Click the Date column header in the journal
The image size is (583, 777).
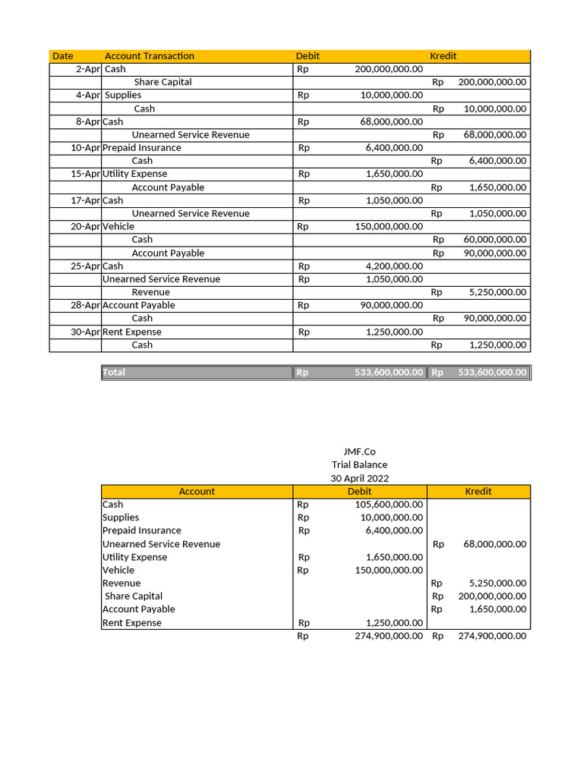click(x=63, y=56)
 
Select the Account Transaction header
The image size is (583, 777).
click(x=150, y=56)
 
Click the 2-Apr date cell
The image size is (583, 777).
click(x=89, y=69)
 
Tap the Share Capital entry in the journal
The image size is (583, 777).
click(x=162, y=82)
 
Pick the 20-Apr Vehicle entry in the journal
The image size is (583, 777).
click(x=118, y=226)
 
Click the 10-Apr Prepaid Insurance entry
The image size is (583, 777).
click(x=142, y=148)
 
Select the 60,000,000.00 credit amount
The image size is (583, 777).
click(x=494, y=240)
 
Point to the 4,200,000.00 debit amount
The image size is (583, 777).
click(x=394, y=266)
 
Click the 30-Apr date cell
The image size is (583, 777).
click(x=86, y=332)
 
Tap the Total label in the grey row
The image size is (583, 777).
click(x=114, y=373)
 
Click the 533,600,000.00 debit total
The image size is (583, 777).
click(x=389, y=373)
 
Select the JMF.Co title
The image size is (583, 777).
click(x=359, y=451)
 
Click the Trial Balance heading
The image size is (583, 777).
click(x=359, y=464)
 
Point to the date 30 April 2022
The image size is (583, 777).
click(x=359, y=478)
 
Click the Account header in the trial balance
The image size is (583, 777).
click(x=197, y=492)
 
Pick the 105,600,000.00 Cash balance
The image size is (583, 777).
click(x=389, y=505)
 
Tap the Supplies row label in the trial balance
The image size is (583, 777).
click(x=121, y=517)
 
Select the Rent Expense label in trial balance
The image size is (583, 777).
click(x=132, y=623)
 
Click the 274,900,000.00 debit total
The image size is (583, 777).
click(x=389, y=636)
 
